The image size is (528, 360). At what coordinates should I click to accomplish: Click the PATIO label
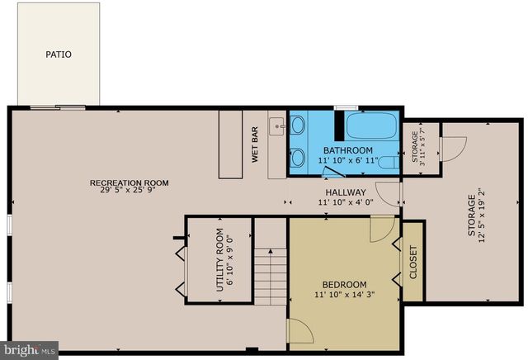[58, 54]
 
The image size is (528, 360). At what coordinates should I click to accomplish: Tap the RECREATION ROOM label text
[130, 182]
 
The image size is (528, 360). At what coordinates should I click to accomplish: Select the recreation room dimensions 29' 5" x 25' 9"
[130, 192]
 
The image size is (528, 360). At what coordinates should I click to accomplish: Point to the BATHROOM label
[347, 150]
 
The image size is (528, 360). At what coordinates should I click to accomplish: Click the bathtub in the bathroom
[370, 127]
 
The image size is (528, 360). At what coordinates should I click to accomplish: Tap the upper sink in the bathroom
[297, 125]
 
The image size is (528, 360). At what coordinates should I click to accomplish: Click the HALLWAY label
[346, 192]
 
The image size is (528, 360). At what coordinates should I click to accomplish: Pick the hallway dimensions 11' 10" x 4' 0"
[346, 201]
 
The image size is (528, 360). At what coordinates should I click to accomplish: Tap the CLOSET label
[413, 261]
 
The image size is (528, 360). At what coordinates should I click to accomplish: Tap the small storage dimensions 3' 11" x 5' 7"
[422, 147]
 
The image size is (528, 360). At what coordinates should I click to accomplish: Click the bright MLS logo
[30, 349]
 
